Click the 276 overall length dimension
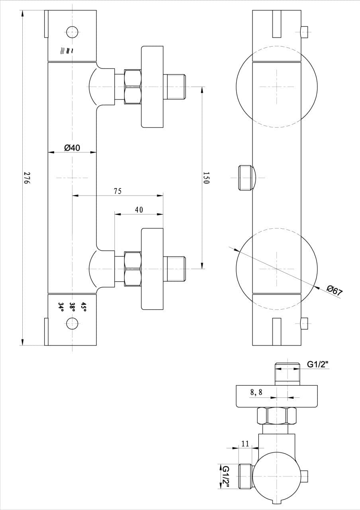pos(27,178)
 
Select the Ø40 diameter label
pos(72,148)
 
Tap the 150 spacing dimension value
pos(206,178)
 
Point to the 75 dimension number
pos(117,191)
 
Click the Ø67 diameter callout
pos(334,291)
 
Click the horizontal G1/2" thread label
pos(318,365)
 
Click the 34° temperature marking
pos(61,307)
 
